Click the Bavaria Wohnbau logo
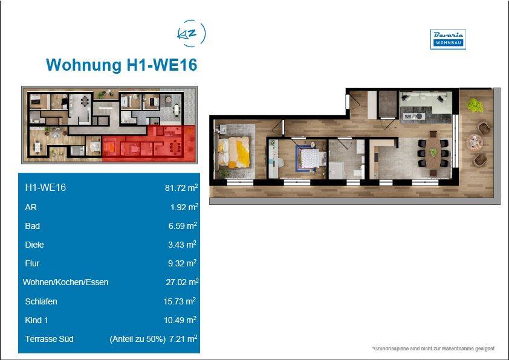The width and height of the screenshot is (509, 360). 448,39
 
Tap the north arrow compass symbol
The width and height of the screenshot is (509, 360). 192,33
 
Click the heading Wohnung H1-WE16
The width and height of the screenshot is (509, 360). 122,65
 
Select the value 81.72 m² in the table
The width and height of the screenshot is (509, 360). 181,187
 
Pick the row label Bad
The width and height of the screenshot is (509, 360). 33,226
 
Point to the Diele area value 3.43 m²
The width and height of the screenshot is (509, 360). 182,245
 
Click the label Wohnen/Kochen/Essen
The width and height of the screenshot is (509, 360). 65,282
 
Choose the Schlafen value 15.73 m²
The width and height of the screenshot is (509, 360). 180,301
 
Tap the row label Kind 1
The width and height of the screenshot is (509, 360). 36,320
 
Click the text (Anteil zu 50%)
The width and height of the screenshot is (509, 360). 138,339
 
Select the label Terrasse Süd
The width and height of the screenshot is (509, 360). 50,339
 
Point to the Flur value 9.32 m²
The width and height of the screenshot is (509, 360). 182,263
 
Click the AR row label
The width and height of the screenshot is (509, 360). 31,207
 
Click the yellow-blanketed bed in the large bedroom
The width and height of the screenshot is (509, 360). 234,152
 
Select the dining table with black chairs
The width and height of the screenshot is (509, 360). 433,152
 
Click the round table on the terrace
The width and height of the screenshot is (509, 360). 475,142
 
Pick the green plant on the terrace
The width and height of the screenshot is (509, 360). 475,106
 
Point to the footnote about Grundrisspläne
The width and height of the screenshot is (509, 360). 433,349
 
